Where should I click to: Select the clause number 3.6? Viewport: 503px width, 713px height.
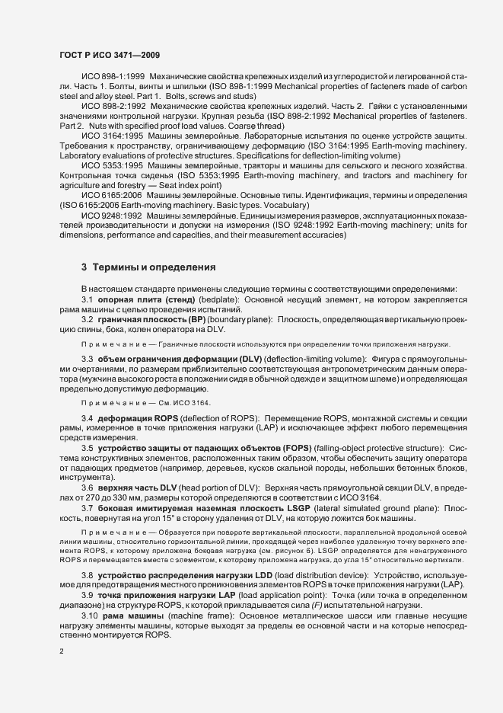(88, 486)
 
